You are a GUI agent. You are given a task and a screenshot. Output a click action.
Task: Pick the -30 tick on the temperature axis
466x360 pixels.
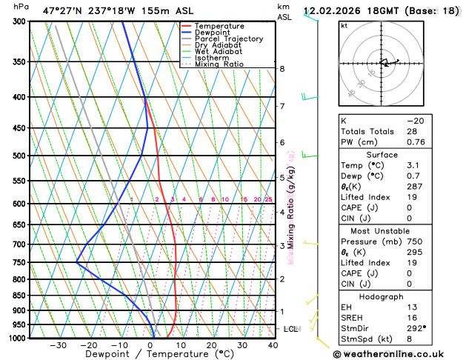pos(58,345)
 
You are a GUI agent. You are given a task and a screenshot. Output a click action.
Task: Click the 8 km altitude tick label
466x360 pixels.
pos(282,69)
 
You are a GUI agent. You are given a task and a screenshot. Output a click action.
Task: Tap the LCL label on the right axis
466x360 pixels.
pos(290,328)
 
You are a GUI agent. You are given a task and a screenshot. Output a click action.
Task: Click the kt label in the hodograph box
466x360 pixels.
pos(344,25)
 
